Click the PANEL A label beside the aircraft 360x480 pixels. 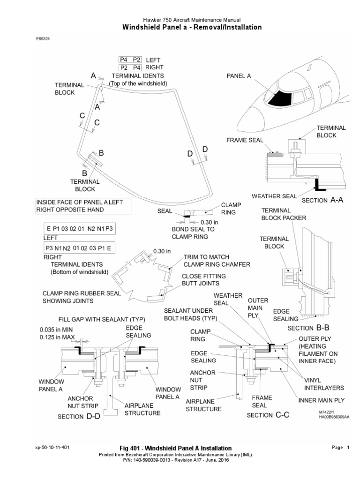pos(239,75)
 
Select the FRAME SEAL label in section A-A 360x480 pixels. pos(245,140)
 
